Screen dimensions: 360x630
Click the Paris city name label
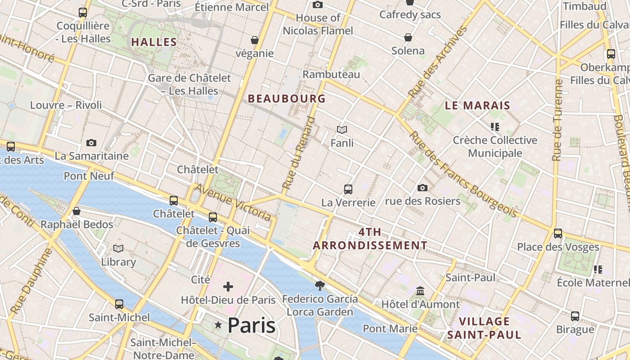point(251,325)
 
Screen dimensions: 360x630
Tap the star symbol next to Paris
point(218,325)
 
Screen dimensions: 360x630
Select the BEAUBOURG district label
point(287,99)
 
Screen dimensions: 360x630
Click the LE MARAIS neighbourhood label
point(477,106)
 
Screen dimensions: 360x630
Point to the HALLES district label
point(154,42)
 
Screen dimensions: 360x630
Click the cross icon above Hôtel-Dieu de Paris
point(228,286)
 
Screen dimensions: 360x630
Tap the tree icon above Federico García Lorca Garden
point(320,285)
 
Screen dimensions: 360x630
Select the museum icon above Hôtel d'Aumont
point(420,291)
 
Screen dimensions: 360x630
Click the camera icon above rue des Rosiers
point(422,188)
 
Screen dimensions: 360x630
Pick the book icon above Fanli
point(342,130)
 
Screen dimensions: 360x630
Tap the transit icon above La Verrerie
point(348,189)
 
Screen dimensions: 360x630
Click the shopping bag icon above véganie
point(255,40)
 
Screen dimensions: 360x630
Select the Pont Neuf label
point(89,175)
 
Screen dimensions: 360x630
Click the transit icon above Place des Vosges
point(558,233)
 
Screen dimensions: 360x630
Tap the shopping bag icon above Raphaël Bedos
point(76,211)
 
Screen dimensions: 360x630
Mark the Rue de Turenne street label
point(558,120)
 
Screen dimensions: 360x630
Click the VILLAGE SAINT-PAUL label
point(484,328)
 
